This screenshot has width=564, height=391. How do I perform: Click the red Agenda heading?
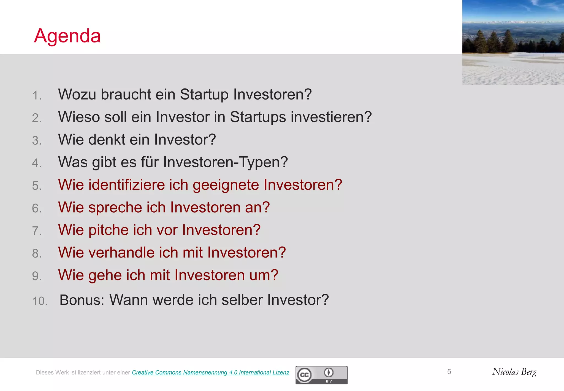(67, 36)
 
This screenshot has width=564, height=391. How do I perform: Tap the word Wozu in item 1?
(77, 95)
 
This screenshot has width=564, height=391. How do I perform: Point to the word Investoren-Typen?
(226, 162)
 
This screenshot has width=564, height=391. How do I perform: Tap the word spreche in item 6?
(115, 208)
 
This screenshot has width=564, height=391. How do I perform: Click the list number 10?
(40, 301)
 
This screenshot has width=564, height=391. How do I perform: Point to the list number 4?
(37, 163)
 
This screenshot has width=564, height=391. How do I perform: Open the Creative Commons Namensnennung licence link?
(210, 373)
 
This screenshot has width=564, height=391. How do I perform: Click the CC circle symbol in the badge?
(304, 375)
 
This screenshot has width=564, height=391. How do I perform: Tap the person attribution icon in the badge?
(329, 373)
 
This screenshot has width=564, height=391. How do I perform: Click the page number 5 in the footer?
(449, 372)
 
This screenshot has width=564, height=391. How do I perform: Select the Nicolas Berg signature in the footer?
(514, 372)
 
